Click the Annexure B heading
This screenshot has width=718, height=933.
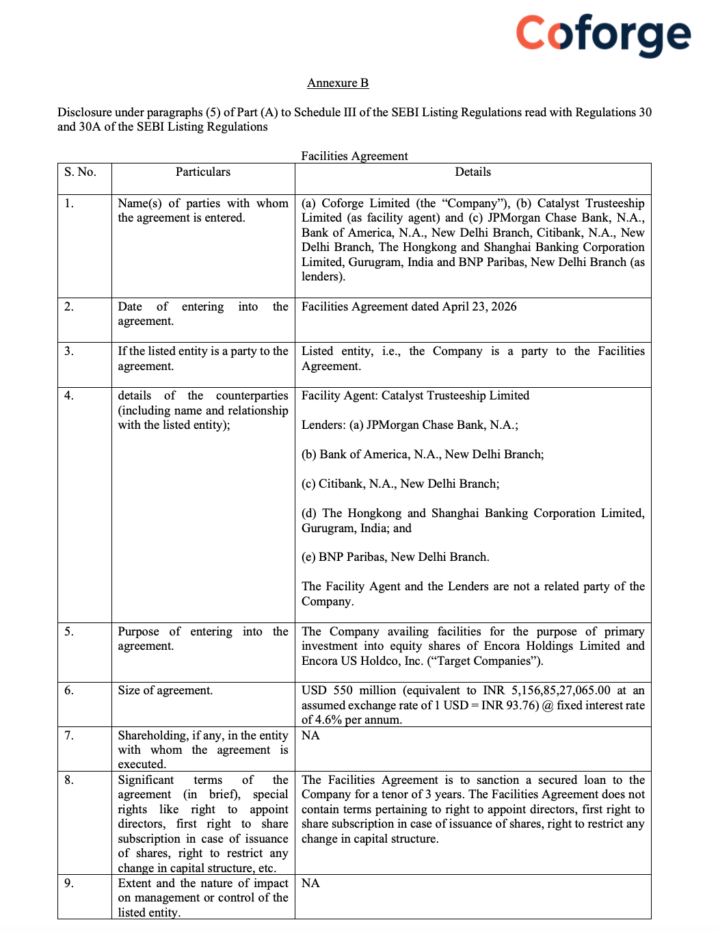point(338,83)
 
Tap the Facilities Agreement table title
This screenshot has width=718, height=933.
point(354,156)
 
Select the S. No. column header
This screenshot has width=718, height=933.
point(80,172)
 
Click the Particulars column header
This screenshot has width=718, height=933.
point(203,172)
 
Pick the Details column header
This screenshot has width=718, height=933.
point(473,172)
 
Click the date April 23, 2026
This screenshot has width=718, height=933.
point(479,306)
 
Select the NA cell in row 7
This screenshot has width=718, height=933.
point(310,735)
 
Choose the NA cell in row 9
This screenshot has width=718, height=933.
point(310,883)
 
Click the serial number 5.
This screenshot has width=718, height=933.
point(69,631)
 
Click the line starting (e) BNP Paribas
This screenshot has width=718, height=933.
point(395,557)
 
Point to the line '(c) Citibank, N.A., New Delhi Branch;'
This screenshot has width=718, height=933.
point(400,484)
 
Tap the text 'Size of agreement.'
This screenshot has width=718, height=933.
point(165,690)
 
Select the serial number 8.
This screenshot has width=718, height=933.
point(69,780)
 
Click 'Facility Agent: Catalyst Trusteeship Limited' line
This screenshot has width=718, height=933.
point(415,395)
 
